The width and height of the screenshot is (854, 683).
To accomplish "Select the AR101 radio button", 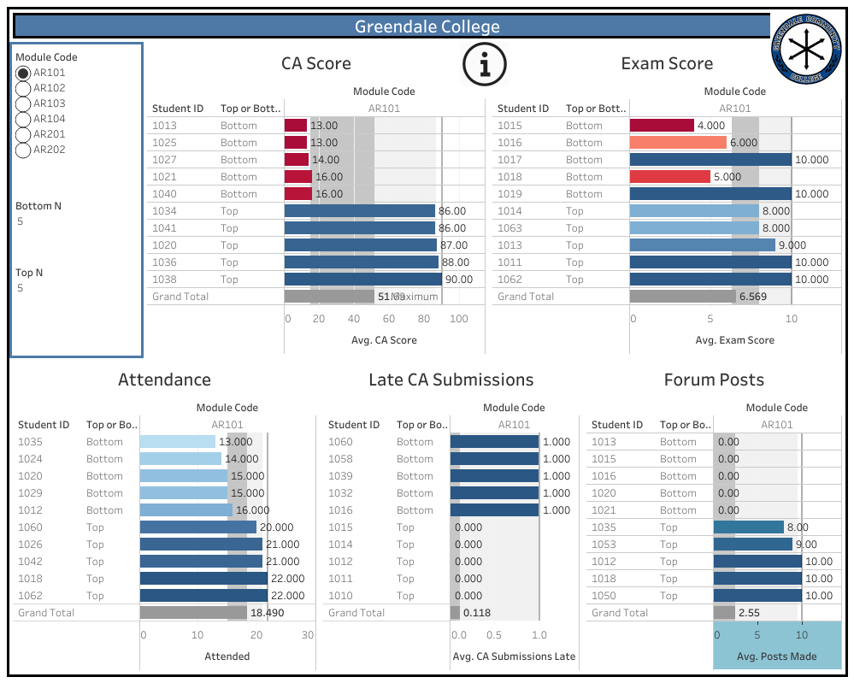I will [x=23, y=74].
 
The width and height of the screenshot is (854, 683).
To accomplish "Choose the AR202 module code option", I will [x=23, y=150].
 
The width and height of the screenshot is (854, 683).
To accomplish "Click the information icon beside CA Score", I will [x=485, y=64].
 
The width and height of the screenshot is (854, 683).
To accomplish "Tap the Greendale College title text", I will [x=427, y=26].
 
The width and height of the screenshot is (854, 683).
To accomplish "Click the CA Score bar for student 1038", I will [x=363, y=280].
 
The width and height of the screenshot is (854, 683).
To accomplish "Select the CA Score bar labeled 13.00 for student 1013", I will [x=296, y=126].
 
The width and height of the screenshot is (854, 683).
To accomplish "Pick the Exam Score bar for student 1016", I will [x=678, y=143].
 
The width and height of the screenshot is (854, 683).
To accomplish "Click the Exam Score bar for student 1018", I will [x=670, y=177].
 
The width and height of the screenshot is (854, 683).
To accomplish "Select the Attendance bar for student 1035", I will [x=178, y=442].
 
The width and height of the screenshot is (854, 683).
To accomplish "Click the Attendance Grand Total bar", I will [x=193, y=613].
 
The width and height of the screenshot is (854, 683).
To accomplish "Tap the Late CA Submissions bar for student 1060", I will [x=495, y=442].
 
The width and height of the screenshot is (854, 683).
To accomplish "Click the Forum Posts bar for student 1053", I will [x=753, y=545].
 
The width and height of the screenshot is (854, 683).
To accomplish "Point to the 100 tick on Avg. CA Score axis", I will [x=459, y=319].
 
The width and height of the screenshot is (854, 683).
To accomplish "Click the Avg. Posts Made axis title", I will [x=777, y=657].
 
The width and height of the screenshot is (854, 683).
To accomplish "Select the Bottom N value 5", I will [x=21, y=221].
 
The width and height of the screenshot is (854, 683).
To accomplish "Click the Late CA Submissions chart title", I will [x=451, y=380].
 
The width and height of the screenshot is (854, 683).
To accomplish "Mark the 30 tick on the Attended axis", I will [x=308, y=635].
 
